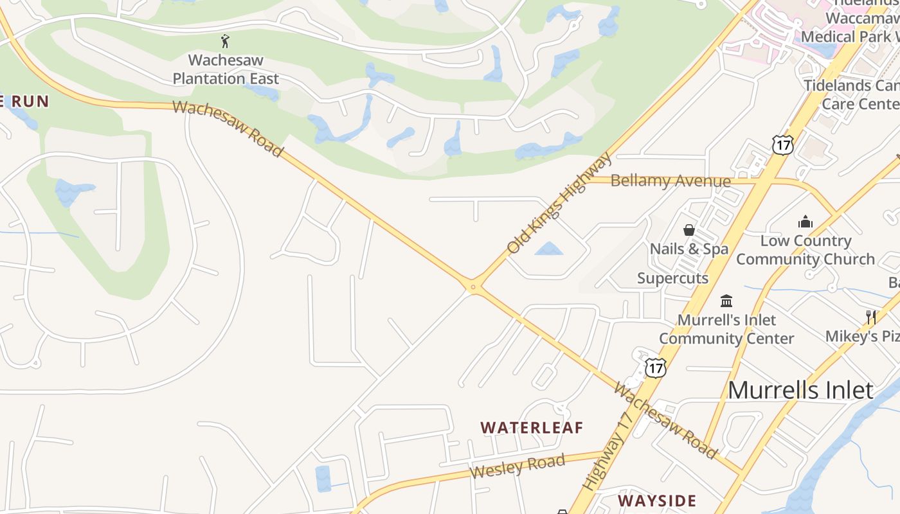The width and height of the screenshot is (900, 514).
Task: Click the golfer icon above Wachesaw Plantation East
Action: click(x=225, y=42)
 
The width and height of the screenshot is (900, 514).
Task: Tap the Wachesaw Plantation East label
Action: click(x=226, y=70)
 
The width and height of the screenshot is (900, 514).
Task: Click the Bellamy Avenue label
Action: click(x=670, y=181)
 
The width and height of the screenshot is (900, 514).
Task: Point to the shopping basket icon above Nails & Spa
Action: click(x=689, y=230)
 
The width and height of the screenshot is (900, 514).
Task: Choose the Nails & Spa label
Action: click(x=689, y=249)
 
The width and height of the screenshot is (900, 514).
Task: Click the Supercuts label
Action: click(x=672, y=278)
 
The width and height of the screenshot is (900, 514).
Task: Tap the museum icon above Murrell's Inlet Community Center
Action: click(x=726, y=301)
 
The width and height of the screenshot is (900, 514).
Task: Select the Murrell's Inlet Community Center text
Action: click(x=726, y=329)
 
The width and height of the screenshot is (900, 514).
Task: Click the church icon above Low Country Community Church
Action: click(x=806, y=222)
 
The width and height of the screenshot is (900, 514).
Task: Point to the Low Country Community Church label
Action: click(x=806, y=250)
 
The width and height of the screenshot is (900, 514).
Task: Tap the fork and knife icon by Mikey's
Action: click(x=871, y=317)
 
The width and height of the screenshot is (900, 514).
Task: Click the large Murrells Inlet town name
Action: click(x=800, y=390)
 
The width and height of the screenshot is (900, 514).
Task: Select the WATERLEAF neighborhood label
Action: click(x=532, y=428)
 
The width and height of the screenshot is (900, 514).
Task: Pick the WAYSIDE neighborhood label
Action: click(x=657, y=501)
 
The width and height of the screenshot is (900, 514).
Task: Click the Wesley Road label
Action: click(x=517, y=466)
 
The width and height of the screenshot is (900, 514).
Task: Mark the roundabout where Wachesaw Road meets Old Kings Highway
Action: click(x=473, y=287)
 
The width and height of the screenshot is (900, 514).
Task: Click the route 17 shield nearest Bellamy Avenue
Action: click(x=783, y=145)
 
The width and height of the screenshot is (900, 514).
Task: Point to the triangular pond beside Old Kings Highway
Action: click(x=549, y=249)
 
